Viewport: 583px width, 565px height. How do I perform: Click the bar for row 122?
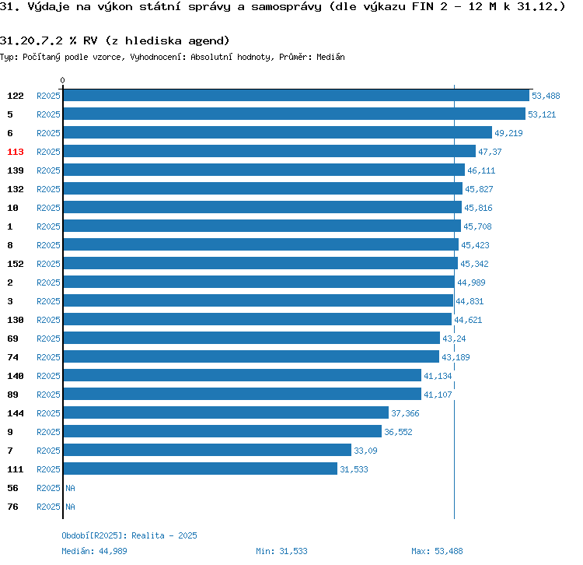295,96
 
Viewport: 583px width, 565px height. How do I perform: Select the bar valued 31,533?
200,469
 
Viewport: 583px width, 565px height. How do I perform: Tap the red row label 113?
16,152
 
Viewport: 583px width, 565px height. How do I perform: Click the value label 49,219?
508,133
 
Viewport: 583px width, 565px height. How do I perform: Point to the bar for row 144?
225,413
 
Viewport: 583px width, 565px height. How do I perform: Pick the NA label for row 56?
70,488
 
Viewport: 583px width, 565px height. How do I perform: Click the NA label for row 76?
70,507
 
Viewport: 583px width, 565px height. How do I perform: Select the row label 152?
16,264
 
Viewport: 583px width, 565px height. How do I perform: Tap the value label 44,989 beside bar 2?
472,282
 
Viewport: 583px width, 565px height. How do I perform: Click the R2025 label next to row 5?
48,114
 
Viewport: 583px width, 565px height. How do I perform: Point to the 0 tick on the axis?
63,80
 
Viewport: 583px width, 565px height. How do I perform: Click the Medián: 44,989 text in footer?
94,551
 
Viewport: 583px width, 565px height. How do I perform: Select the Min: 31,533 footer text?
281,551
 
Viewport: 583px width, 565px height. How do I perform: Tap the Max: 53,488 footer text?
437,551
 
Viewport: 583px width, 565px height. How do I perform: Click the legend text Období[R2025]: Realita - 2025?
129,535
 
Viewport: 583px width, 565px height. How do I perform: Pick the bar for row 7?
207,451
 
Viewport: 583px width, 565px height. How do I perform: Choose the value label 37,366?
405,413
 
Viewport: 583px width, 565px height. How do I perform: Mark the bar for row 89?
242,395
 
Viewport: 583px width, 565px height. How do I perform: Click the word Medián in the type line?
330,57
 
